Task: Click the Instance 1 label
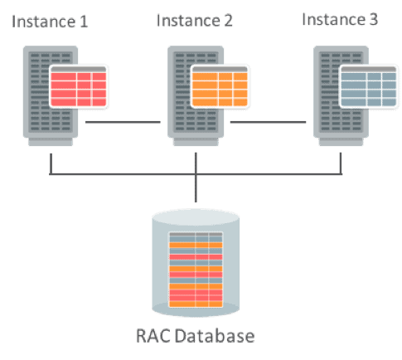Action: (50, 20)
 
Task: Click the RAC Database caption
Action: (196, 336)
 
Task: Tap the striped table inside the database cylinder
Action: (196, 270)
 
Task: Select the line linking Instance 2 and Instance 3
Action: (269, 124)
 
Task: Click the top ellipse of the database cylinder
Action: (196, 218)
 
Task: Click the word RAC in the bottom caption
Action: (151, 336)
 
